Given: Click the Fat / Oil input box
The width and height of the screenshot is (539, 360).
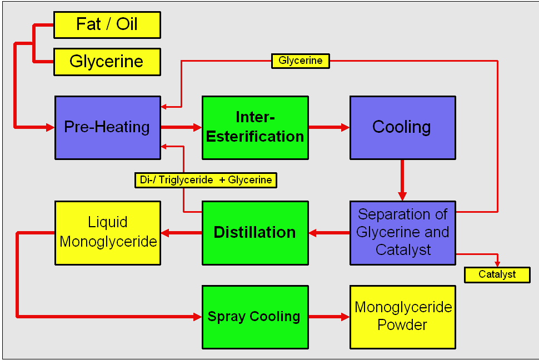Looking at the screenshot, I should [x=107, y=25].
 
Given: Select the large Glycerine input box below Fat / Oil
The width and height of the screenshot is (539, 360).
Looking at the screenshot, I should [x=107, y=62].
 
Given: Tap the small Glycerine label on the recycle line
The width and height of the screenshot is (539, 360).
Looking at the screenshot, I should [x=300, y=61].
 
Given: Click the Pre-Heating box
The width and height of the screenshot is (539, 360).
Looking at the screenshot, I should [x=107, y=127].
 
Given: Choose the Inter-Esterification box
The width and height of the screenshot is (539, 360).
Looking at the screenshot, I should [x=255, y=127].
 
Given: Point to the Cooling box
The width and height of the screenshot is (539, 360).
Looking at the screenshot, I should [x=402, y=127].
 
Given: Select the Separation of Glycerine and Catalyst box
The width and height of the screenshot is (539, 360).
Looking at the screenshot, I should [x=402, y=232].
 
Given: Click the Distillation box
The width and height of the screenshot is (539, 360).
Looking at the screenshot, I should [x=255, y=232].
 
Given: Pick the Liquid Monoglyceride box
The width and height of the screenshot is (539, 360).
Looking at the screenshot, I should [x=107, y=232].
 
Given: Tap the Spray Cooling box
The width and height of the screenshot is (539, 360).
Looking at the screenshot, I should [x=255, y=317].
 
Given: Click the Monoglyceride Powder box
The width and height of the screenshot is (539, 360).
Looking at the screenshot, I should [x=402, y=317].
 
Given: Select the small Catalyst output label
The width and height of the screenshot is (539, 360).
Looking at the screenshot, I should [x=497, y=274].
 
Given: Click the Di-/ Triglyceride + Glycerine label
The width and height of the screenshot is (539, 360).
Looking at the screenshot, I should [x=206, y=180].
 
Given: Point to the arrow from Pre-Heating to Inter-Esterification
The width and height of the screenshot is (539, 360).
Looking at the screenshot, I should [x=181, y=127].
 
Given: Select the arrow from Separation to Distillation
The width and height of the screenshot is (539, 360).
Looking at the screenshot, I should [x=329, y=232].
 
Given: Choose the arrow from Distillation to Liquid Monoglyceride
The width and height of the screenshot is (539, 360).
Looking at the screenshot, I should [x=181, y=232].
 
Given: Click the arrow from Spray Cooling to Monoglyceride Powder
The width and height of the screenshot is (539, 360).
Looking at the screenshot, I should [x=329, y=317].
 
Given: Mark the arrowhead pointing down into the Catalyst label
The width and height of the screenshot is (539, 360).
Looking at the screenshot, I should [x=497, y=263].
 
